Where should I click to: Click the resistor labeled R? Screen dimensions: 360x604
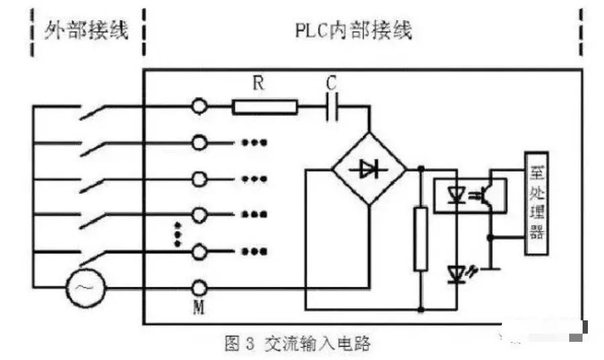tap(264, 106)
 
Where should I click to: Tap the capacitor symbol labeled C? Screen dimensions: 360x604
tap(331, 106)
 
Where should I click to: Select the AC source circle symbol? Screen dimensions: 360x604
tap(85, 287)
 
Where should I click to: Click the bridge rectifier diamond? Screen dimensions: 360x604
tap(369, 169)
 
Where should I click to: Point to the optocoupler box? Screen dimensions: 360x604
tap(469, 195)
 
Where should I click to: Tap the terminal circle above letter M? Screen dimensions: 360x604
tap(199, 287)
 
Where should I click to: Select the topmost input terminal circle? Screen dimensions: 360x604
tap(199, 106)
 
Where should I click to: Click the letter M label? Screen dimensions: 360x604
tap(199, 308)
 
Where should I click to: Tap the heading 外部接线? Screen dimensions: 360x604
tap(87, 30)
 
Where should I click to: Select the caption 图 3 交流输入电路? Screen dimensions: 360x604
tap(297, 345)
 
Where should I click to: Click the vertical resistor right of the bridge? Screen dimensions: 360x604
tap(421, 239)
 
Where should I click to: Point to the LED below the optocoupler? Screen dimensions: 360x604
tap(457, 271)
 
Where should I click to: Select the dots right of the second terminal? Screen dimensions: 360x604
tap(254, 142)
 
